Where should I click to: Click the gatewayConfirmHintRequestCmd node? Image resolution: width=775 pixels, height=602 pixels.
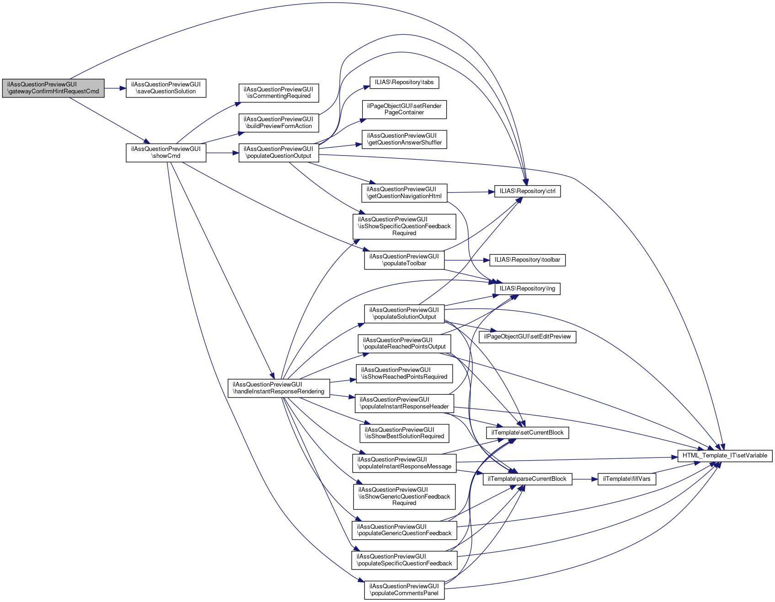tap(53, 88)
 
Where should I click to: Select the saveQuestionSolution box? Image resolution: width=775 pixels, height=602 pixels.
tap(166, 88)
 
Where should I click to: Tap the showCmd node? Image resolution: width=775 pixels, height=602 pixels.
tap(166, 153)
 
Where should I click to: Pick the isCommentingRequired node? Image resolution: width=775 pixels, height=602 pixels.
tap(278, 93)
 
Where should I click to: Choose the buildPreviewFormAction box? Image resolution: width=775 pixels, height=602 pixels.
tap(278, 123)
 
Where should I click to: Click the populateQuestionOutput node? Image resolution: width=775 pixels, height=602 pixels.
tap(278, 153)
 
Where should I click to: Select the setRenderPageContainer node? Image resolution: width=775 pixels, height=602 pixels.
tap(404, 109)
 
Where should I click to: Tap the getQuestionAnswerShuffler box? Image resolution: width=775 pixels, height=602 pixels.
tap(404, 140)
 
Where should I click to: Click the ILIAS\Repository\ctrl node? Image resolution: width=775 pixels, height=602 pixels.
tap(527, 191)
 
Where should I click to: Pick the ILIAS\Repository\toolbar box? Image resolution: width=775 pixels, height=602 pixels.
tap(527, 260)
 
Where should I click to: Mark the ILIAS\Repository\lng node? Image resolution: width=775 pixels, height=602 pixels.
tap(527, 289)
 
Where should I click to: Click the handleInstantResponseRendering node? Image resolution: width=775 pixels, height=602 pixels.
tap(278, 388)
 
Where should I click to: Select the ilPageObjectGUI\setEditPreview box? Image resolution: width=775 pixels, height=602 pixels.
tap(527, 337)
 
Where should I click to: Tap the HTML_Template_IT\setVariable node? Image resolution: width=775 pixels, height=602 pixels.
tap(725, 456)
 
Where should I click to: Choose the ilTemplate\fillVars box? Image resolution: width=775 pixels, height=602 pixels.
tap(627, 479)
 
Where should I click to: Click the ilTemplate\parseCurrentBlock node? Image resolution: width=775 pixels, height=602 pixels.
tap(527, 479)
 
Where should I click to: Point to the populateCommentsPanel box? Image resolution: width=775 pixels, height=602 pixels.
tap(404, 590)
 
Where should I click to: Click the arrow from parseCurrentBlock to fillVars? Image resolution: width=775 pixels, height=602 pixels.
tap(585, 479)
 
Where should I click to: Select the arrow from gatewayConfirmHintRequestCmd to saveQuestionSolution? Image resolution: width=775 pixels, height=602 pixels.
tap(115, 88)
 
